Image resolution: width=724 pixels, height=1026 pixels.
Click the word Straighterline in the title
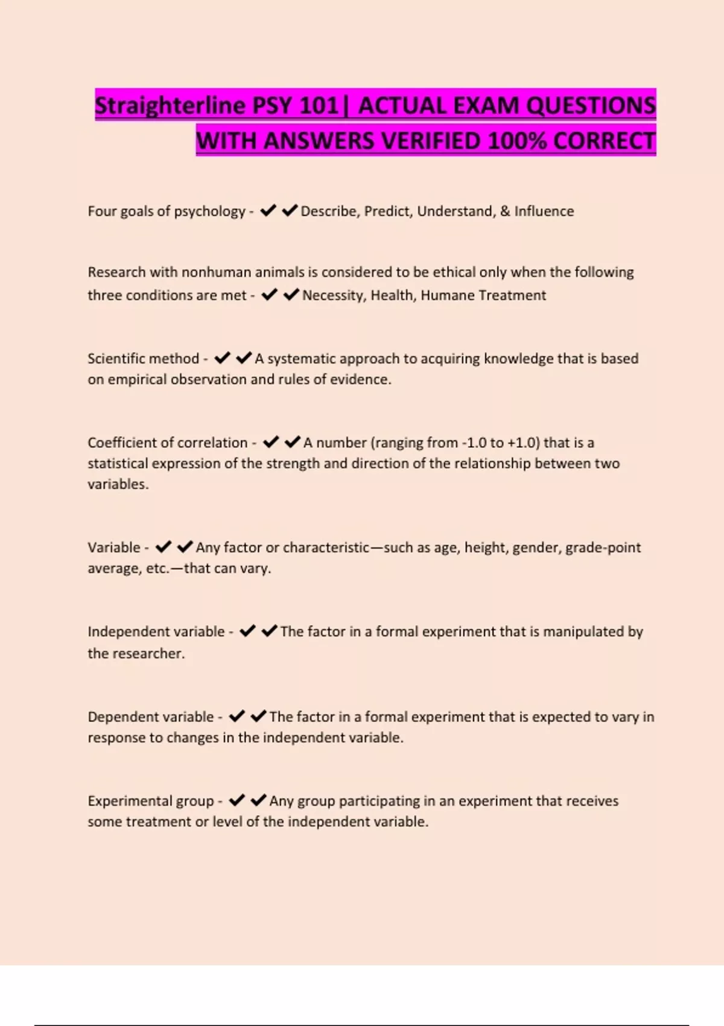tap(170, 106)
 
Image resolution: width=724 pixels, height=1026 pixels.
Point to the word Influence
tap(544, 211)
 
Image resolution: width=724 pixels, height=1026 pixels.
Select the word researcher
tap(147, 654)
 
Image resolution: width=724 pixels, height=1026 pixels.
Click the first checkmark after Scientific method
tap(222, 358)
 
